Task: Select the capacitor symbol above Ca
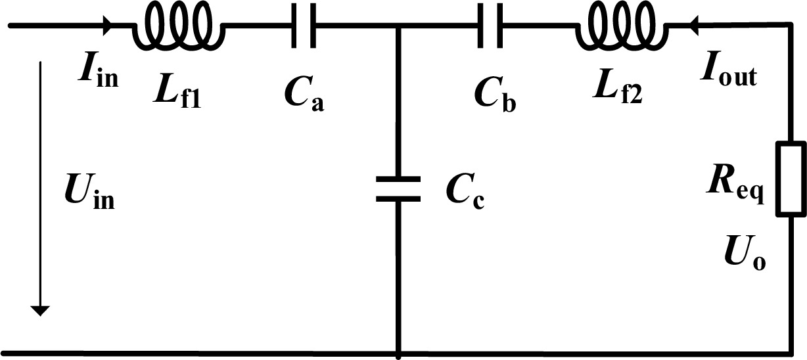coord(304,25)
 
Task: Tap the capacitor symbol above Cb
coord(490,25)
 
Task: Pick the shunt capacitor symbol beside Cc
coord(398,189)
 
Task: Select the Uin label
coord(89,192)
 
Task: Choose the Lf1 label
coord(177,93)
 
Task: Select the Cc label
coord(465,194)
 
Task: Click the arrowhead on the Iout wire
coord(694,25)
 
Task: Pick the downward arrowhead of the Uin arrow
coord(40,310)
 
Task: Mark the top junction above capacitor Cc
coord(398,25)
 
